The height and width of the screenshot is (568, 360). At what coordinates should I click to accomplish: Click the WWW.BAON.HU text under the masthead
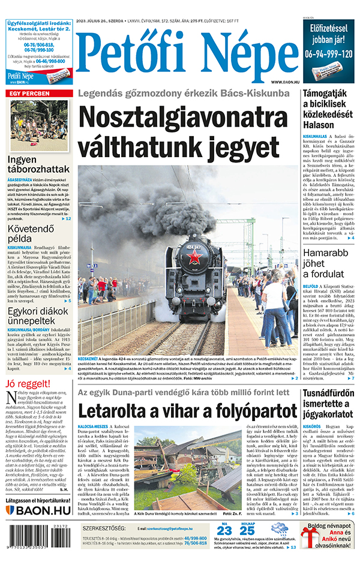coord(284,82)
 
